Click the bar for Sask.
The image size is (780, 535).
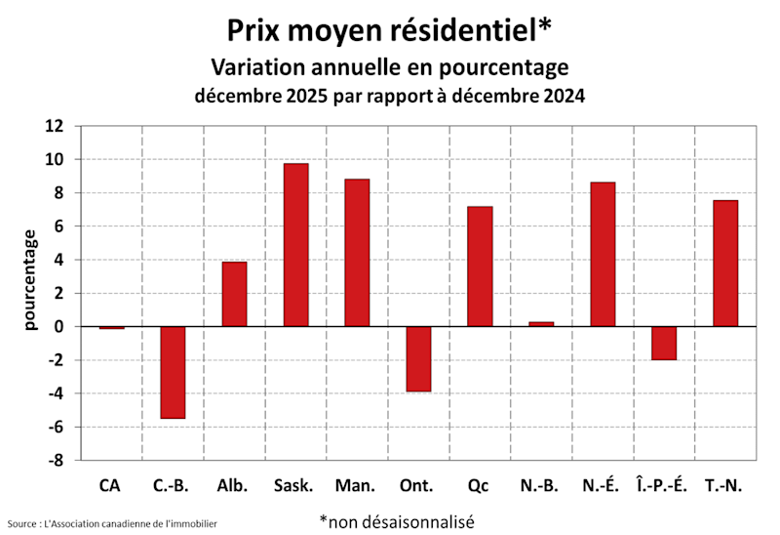click(x=295, y=244)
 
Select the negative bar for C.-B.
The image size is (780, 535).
click(x=173, y=372)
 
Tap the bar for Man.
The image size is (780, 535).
click(x=357, y=252)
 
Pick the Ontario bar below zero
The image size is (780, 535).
click(x=418, y=358)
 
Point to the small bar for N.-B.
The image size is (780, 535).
click(x=541, y=323)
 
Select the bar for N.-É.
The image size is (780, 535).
click(x=603, y=254)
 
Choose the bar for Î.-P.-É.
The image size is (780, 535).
click(x=664, y=343)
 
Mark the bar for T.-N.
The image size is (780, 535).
click(x=725, y=263)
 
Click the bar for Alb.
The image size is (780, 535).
click(x=234, y=294)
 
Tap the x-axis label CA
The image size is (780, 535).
click(x=111, y=485)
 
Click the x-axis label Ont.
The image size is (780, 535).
click(x=418, y=485)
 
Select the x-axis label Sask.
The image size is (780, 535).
click(x=294, y=485)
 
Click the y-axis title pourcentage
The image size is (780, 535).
click(x=30, y=278)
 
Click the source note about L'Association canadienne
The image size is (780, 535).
click(x=112, y=524)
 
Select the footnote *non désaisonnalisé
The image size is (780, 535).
click(x=396, y=521)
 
